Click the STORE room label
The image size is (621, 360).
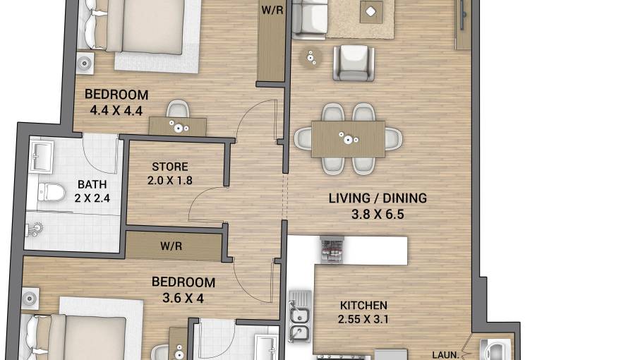[170, 167]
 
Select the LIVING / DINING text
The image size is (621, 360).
[378, 198]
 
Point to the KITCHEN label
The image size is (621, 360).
[363, 306]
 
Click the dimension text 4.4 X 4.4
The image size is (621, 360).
[116, 110]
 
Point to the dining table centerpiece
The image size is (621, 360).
[347, 137]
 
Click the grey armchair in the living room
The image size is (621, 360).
[351, 62]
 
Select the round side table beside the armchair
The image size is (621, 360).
[311, 57]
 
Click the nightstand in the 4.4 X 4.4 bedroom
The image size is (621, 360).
[85, 62]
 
